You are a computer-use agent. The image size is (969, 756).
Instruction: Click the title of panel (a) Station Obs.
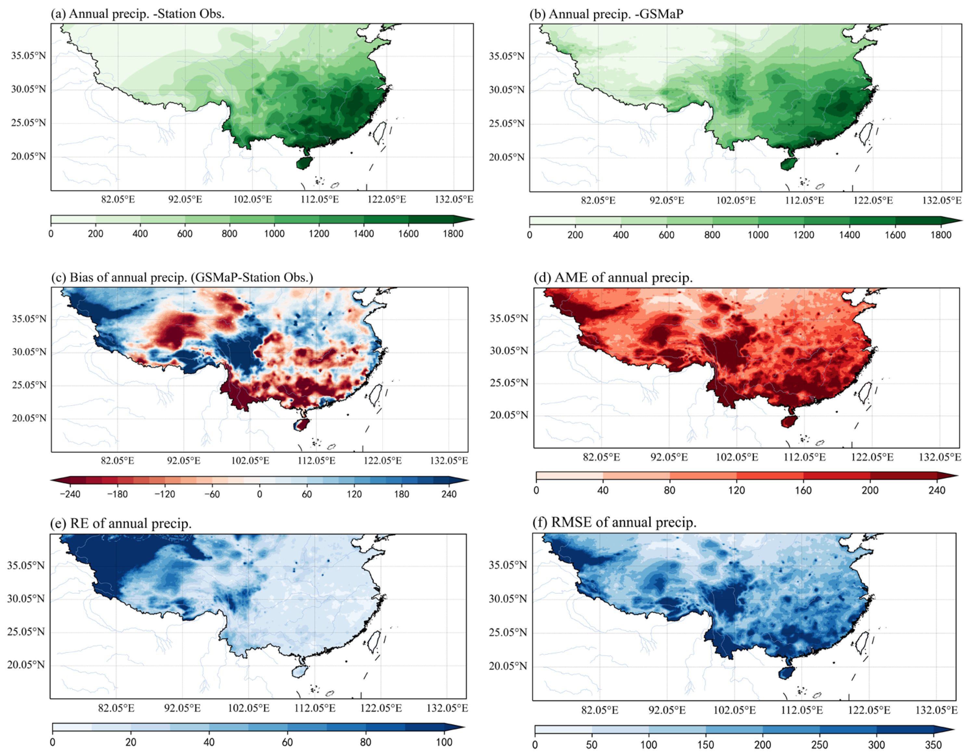pos(137,14)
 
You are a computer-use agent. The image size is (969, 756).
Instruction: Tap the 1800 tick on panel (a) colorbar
pos(453,233)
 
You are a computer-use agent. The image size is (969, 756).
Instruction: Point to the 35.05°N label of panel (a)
pos(28,56)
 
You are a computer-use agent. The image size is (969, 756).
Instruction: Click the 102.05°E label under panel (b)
pos(736,200)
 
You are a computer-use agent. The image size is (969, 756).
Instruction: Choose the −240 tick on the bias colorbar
pos(70,494)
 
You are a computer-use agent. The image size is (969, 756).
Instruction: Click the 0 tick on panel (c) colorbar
pos(260,494)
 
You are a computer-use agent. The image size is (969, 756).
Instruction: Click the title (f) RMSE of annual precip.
pos(614,523)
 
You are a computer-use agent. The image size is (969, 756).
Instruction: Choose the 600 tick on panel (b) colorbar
pos(666,235)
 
